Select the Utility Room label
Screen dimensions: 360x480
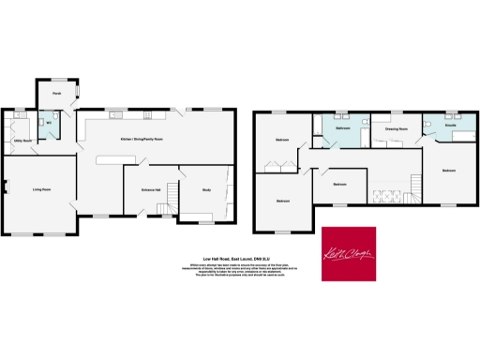pyautogui.click(x=22, y=141)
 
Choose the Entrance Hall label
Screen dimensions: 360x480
pyautogui.click(x=151, y=190)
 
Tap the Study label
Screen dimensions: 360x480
pyautogui.click(x=206, y=190)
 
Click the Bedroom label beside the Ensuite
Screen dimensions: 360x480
pyautogui.click(x=449, y=171)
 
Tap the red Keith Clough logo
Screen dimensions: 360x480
pyautogui.click(x=349, y=253)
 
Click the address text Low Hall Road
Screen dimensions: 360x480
pyautogui.click(x=239, y=260)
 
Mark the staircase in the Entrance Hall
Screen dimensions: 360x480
pyautogui.click(x=172, y=193)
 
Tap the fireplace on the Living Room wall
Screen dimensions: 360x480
pyautogui.click(x=5, y=191)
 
